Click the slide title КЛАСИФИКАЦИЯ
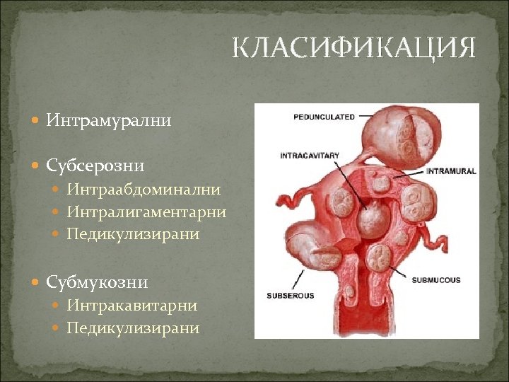tap(354, 49)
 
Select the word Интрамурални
tap(109, 121)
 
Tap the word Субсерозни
tap(95, 166)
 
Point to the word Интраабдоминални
tap(144, 190)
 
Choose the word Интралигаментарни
tap(146, 212)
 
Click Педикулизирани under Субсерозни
tap(133, 234)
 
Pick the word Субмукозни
tap(97, 283)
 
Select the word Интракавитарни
tap(132, 306)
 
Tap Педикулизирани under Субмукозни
tap(133, 328)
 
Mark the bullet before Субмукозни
tap(37, 283)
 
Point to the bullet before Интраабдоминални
tap(57, 190)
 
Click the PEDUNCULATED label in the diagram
tap(324, 117)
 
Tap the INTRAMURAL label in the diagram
tap(451, 170)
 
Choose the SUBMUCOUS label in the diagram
tap(437, 280)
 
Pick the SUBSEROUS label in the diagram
tap(290, 295)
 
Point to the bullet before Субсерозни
tap(37, 166)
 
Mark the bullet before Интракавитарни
tap(57, 306)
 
